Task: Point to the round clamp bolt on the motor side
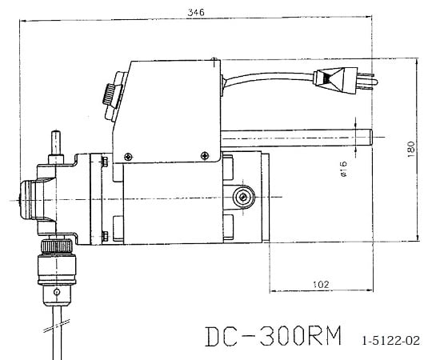tap(243, 196)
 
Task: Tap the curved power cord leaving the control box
tap(264, 73)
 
